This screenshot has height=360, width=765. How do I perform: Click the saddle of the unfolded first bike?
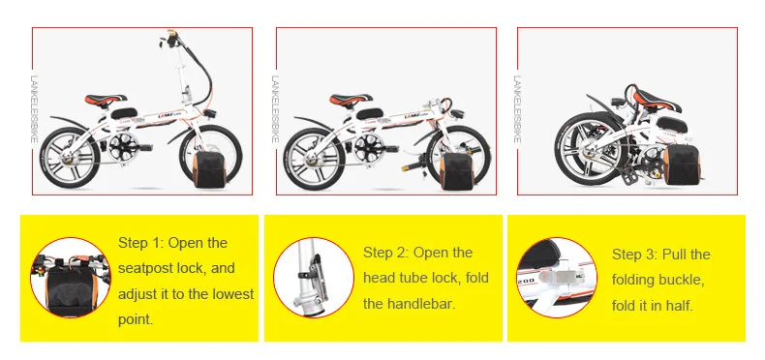coord(106,99)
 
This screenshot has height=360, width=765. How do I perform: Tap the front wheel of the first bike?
coord(211,154)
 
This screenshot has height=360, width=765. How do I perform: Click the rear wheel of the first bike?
coord(70,158)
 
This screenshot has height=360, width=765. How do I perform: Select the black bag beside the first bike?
coord(210,169)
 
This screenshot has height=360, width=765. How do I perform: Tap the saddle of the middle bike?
coord(351,99)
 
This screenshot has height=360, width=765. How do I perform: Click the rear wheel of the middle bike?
coord(314,159)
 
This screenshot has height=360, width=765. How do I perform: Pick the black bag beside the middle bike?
coord(457,171)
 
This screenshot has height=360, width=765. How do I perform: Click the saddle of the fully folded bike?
coord(657,100)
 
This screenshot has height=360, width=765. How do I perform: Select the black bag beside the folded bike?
coord(682,165)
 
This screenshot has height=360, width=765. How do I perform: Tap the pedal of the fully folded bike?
coord(628,173)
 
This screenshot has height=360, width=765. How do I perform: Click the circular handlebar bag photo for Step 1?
coord(71,278)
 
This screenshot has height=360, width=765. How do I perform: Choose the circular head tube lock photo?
coord(314,278)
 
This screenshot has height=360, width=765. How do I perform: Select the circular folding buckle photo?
coord(557,278)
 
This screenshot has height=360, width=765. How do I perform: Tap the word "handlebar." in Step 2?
coord(421,305)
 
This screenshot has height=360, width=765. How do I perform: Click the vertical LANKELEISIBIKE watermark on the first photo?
coord(34,109)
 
